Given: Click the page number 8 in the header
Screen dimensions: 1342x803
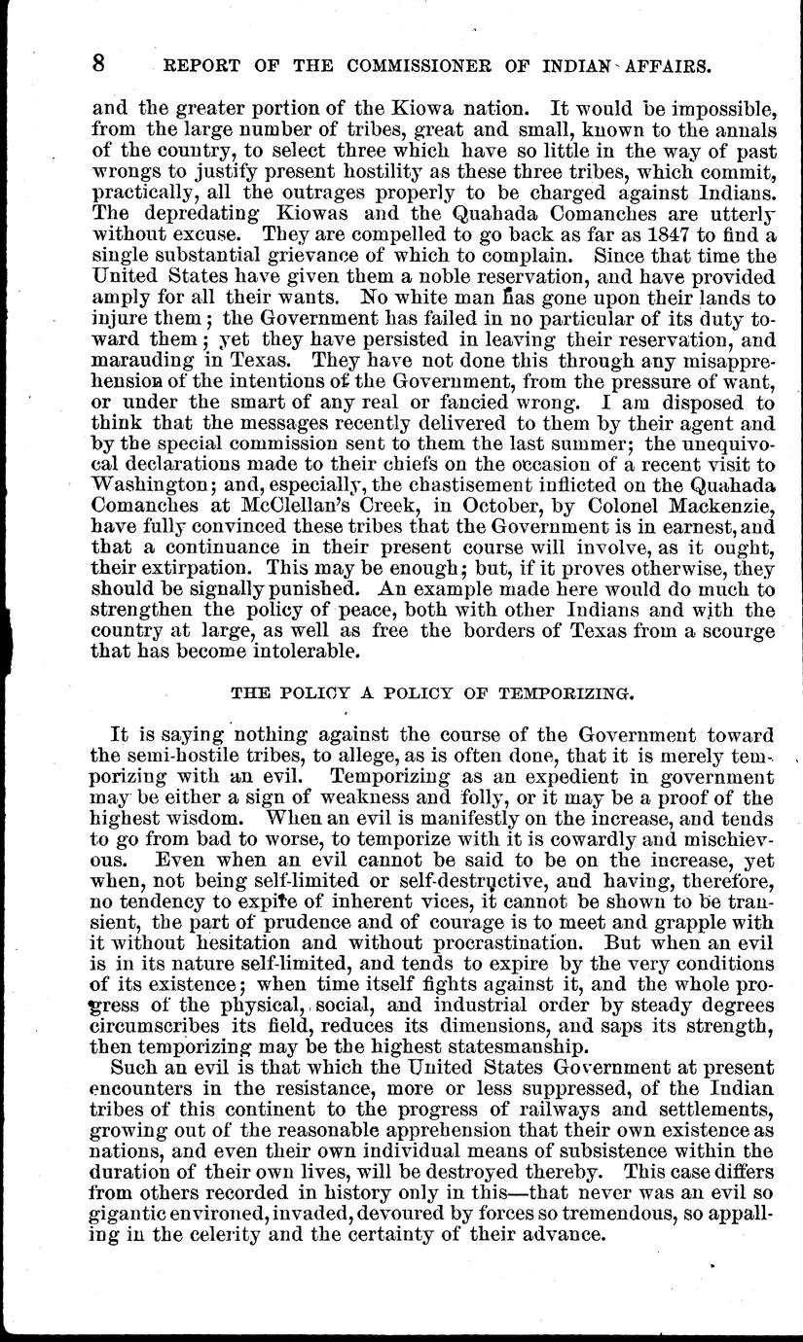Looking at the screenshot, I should (x=97, y=65).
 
